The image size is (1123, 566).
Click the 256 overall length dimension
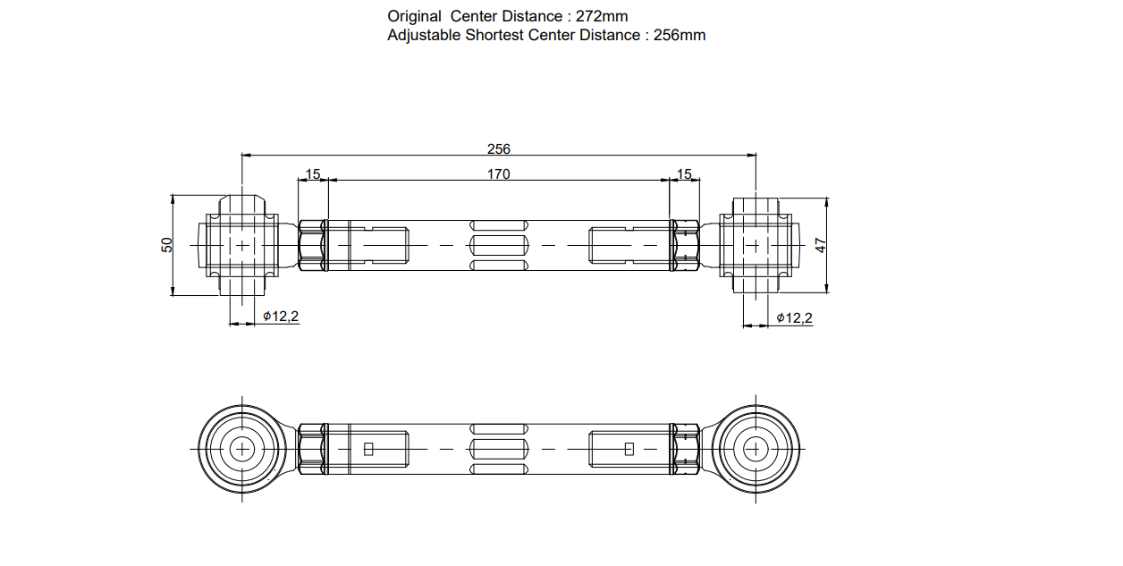tap(498, 148)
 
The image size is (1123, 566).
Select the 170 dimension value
tap(498, 174)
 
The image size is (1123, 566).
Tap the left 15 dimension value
tap(313, 174)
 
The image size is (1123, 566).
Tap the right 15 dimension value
tap(685, 174)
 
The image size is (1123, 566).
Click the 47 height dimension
tap(821, 244)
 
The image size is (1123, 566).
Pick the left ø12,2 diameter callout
tap(281, 317)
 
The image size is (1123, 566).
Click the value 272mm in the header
tap(603, 16)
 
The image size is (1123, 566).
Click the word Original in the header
tap(414, 16)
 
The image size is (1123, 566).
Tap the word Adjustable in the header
tap(424, 36)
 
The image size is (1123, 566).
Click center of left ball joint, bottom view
tap(242, 448)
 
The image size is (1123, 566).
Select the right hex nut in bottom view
tap(686, 448)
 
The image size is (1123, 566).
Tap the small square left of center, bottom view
tap(367, 449)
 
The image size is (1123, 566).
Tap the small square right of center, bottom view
tap(629, 449)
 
